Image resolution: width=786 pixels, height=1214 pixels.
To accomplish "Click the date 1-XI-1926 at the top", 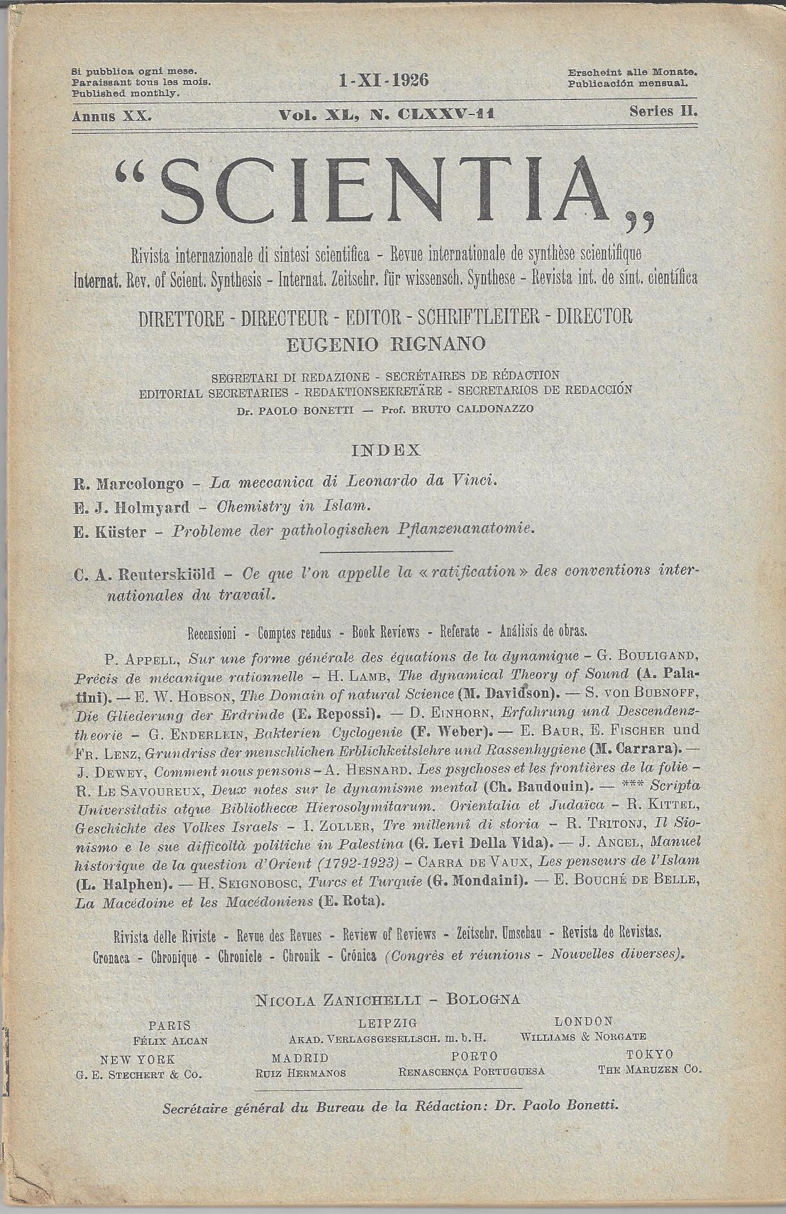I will (x=383, y=81).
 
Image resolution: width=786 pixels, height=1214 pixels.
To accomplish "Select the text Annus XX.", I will (x=112, y=116).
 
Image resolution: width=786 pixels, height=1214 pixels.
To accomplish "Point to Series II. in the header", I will (x=664, y=112).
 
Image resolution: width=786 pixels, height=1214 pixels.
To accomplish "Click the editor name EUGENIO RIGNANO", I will (x=385, y=344).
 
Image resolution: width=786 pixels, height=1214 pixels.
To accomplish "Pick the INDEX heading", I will (x=385, y=450).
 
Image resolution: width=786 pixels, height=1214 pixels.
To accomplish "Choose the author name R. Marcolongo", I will (x=128, y=483).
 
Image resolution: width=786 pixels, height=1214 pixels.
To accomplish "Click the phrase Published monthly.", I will (x=126, y=93).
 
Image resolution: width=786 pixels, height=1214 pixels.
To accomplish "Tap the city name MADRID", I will (x=300, y=1058).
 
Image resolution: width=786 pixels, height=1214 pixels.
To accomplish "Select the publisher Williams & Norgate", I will (x=583, y=1037).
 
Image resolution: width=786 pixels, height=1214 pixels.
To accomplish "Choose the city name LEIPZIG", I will (x=387, y=1023).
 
